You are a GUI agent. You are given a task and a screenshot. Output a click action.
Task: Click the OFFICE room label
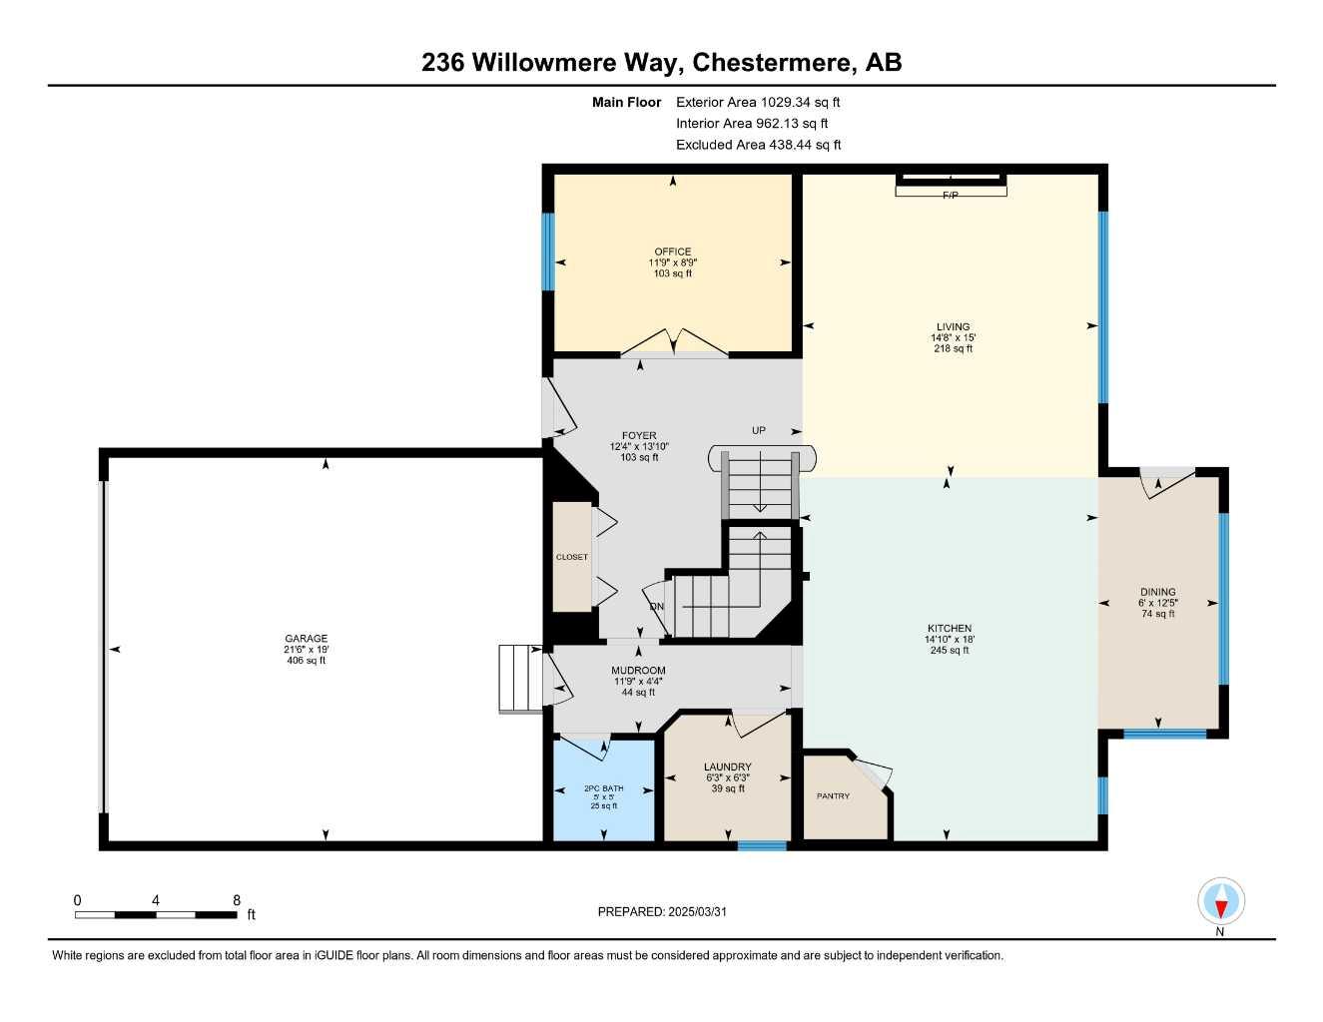click(x=672, y=252)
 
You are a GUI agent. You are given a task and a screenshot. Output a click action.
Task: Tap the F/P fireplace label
click(x=950, y=196)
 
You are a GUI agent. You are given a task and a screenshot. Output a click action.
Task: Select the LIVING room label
click(x=952, y=326)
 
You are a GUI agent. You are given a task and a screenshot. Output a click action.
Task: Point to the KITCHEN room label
click(x=948, y=629)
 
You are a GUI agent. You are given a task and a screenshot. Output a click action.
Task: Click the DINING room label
click(x=1157, y=592)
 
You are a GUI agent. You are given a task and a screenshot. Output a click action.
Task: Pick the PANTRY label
click(x=833, y=796)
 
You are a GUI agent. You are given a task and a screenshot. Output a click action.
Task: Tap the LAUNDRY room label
click(x=727, y=767)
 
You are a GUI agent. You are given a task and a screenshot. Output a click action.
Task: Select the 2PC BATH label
click(x=603, y=788)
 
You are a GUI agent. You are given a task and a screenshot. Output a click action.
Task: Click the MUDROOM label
click(x=638, y=671)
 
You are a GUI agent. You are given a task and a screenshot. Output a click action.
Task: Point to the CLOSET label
click(x=572, y=557)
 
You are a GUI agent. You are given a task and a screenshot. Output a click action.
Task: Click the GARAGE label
click(x=306, y=639)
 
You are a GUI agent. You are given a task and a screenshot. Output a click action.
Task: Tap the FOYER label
click(x=639, y=436)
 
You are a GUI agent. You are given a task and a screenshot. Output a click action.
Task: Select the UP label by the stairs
click(x=759, y=431)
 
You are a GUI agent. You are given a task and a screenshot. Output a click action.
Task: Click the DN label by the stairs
click(x=656, y=607)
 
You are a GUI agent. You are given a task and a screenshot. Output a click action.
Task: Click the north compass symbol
click(x=1220, y=903)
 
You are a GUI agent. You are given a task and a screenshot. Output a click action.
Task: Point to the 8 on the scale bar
click(x=237, y=900)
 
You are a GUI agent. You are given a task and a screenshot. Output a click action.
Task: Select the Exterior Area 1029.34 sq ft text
click(x=758, y=102)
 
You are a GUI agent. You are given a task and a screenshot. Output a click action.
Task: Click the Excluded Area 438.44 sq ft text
click(x=758, y=145)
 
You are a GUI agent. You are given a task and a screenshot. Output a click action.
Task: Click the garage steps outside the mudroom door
click(x=519, y=679)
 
